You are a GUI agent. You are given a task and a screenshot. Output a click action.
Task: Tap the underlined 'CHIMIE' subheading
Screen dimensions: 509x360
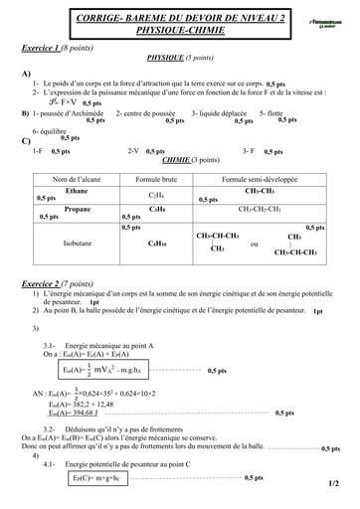[170, 159]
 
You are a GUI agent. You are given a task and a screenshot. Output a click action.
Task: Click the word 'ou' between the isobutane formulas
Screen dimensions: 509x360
[255, 244]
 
